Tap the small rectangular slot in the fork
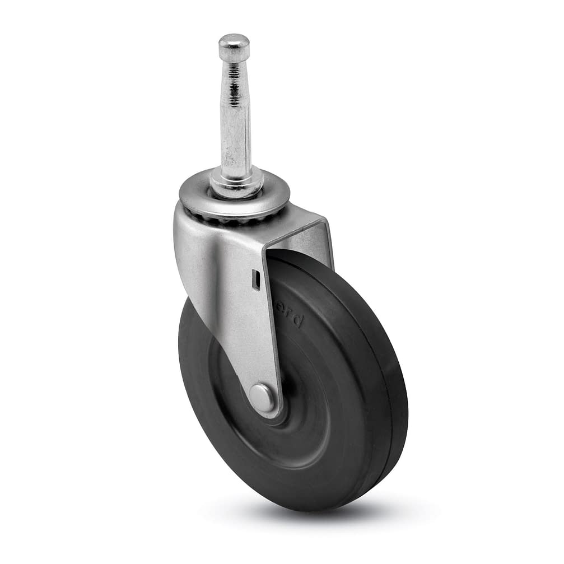click(255, 279)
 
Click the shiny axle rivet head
click(262, 398)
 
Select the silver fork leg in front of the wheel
click(235, 314)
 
